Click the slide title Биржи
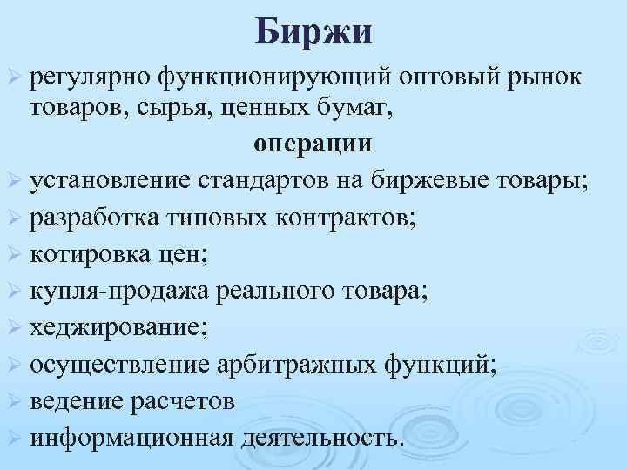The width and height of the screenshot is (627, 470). [313, 33]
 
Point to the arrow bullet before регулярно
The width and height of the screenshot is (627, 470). [15, 82]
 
